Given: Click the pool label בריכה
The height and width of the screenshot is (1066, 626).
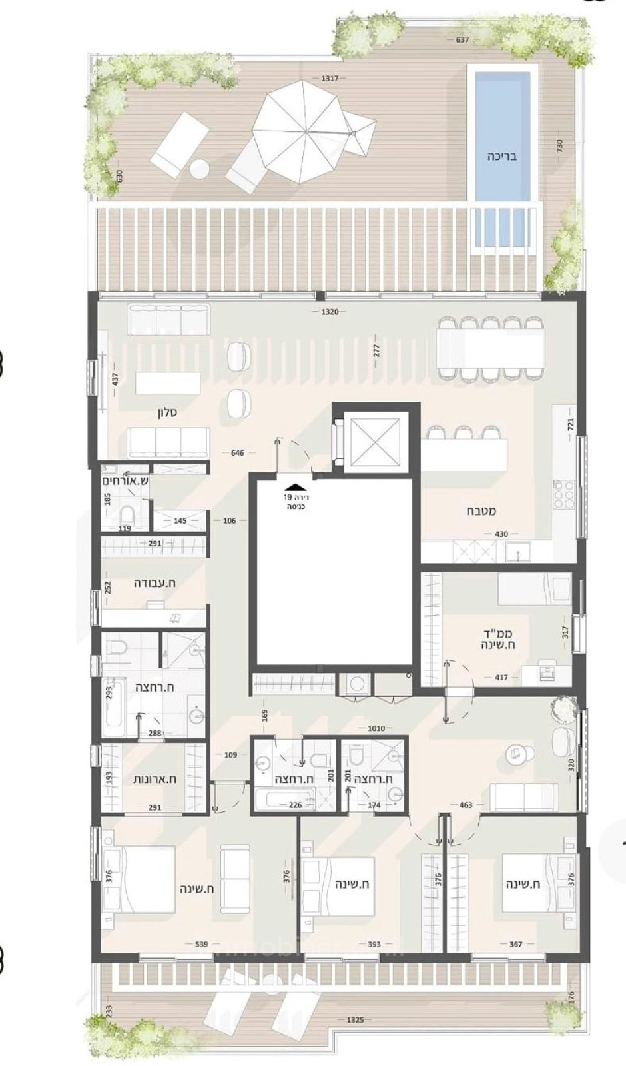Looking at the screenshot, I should coord(501,157).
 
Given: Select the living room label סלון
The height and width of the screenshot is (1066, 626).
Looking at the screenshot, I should coord(167,413).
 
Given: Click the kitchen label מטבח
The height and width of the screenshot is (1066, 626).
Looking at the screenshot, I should coord(481,512).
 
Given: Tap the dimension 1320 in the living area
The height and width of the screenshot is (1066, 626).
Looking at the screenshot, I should coord(330,312).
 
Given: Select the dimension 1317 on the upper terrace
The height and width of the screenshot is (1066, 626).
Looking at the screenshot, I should coord(330,78).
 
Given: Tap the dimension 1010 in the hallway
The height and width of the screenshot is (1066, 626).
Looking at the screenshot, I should coord(376,728).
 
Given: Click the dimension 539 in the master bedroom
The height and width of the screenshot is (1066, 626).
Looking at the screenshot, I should coord(202,943).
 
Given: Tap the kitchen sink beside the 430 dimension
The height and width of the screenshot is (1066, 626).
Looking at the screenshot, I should coord(515,552).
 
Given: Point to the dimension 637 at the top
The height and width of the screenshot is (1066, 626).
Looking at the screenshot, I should coord(463,39).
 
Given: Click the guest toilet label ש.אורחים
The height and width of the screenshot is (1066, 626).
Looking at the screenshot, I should coord(125,480).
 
